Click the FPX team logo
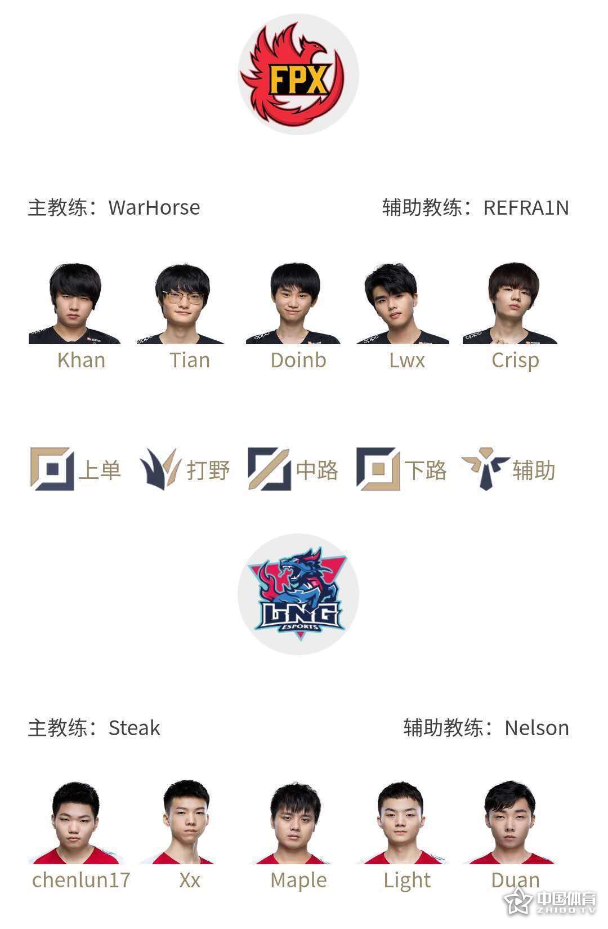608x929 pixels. coord(298,74)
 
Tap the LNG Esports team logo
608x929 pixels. coord(298,594)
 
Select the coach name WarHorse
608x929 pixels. coord(154,207)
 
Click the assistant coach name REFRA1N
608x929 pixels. coord(526,208)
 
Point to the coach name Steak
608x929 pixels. coord(134,728)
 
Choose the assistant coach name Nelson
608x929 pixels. coord(537,728)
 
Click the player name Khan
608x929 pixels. coord(81,360)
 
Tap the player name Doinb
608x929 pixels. coord(298,360)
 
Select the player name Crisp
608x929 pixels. coord(516,361)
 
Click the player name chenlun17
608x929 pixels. coord(81,880)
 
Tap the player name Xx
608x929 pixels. coord(190,881)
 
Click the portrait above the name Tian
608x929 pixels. coord(181,303)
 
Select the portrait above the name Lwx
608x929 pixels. coord(402,303)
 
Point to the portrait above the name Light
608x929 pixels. coord(401,823)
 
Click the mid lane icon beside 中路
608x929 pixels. coord(269,469)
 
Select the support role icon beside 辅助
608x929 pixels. coord(485,469)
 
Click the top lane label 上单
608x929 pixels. coord(100,470)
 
